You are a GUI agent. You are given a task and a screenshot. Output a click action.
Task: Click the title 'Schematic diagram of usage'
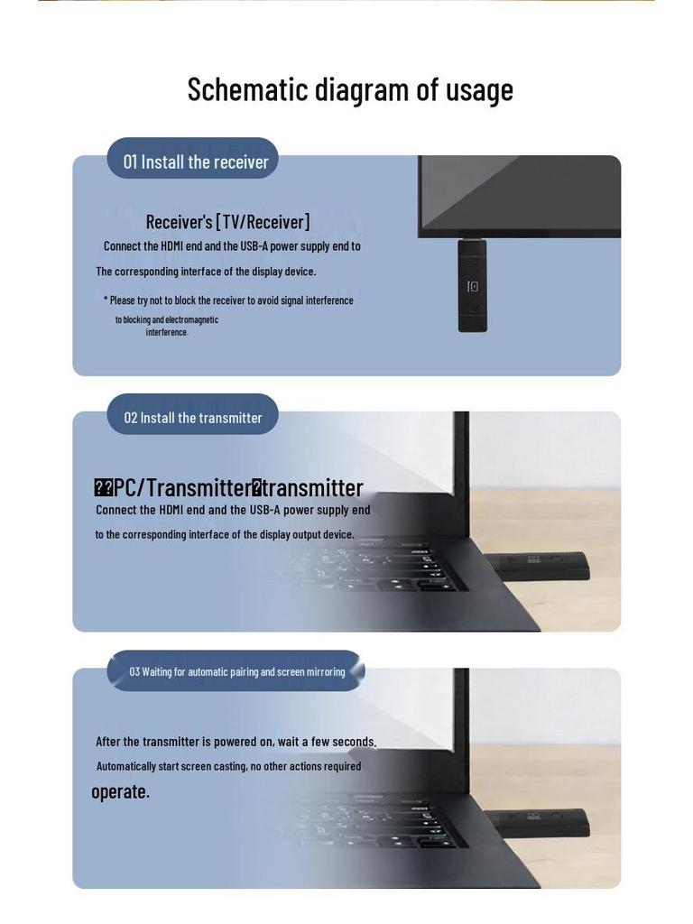(x=350, y=89)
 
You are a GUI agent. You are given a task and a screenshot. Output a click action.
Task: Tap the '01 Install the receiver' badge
(x=195, y=162)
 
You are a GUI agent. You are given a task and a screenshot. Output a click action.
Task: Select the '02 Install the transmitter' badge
(x=193, y=418)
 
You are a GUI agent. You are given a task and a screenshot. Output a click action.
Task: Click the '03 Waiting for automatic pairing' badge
(x=236, y=671)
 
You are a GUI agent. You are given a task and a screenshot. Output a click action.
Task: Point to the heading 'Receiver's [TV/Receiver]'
(x=227, y=222)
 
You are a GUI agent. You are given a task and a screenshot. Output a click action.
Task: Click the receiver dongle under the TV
(x=472, y=285)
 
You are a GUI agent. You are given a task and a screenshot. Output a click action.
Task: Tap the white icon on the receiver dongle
(x=472, y=287)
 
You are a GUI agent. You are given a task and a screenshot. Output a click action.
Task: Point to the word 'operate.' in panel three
(x=120, y=791)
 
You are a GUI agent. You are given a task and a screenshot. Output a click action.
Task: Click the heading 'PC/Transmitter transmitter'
(x=228, y=487)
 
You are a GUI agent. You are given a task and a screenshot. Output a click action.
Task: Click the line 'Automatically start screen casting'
(x=228, y=766)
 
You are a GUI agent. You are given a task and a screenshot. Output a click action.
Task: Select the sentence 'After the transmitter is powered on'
(x=236, y=742)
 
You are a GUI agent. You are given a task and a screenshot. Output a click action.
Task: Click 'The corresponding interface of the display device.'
(x=206, y=271)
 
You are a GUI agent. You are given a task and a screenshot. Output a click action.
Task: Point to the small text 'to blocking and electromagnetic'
(x=167, y=319)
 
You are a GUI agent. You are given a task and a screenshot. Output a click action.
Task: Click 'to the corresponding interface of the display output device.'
(x=225, y=534)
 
